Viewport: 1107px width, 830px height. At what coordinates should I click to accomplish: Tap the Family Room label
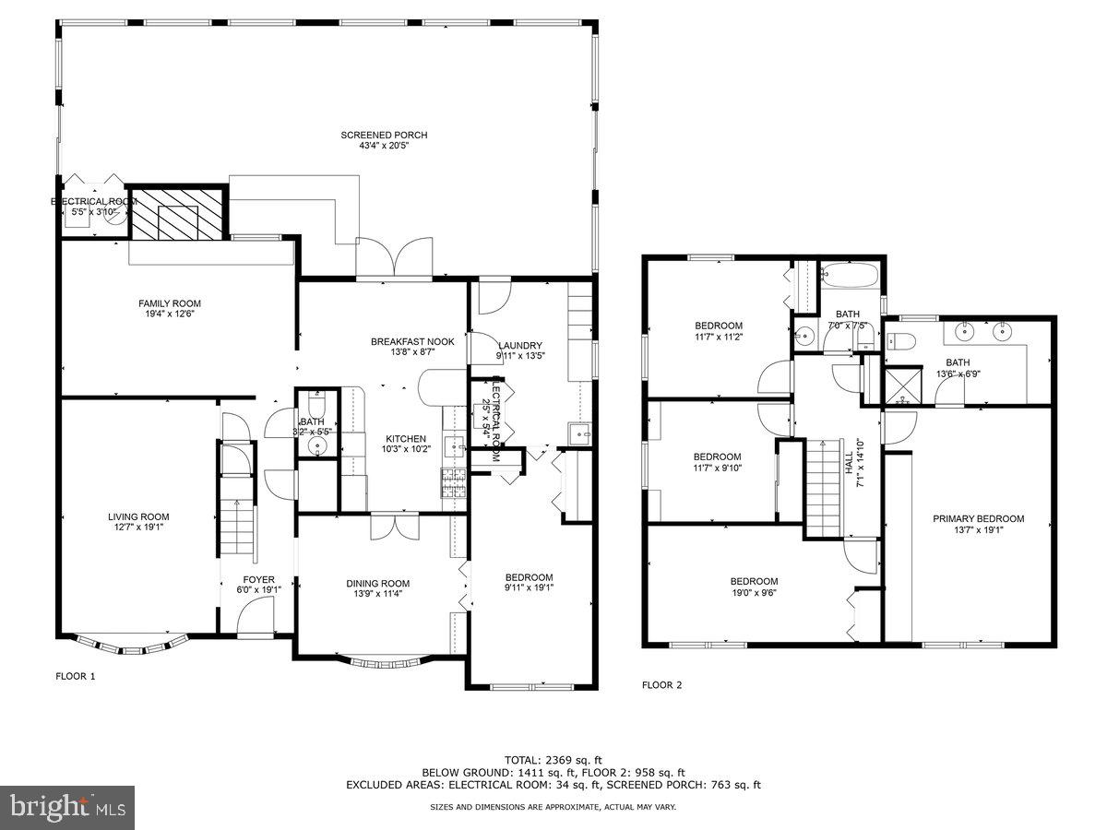coord(170,303)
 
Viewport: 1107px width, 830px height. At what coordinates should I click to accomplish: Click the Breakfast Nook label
coord(402,341)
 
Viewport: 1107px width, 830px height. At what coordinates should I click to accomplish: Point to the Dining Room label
coord(377,583)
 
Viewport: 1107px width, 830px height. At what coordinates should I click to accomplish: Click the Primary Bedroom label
coord(978,518)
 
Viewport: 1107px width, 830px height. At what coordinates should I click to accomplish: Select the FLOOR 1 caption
coord(76,676)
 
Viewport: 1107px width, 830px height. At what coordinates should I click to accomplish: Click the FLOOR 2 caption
coord(661,685)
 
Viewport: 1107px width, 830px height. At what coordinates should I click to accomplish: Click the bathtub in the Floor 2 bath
coord(850,274)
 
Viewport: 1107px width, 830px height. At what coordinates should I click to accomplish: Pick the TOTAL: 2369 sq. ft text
coord(553,759)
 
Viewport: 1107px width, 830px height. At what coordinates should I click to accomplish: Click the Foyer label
coord(253,580)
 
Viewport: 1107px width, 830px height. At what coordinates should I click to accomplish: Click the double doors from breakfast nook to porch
coord(395,258)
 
